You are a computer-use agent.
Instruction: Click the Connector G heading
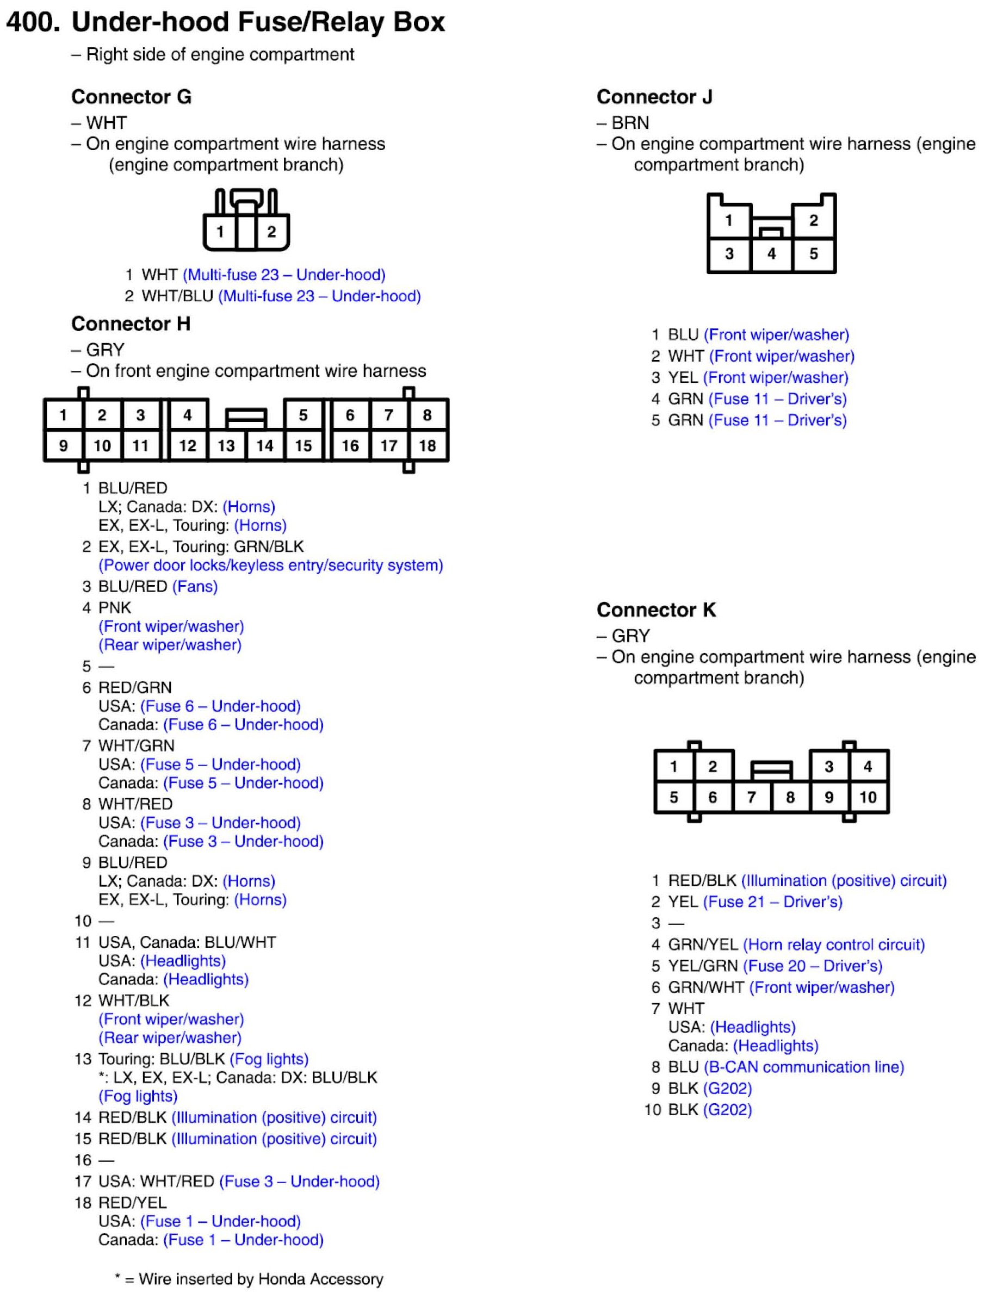131,97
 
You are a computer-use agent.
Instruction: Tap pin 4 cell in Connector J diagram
771,254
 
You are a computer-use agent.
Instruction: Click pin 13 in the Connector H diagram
226,445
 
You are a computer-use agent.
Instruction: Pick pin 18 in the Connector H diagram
428,445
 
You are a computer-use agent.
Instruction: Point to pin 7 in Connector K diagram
751,797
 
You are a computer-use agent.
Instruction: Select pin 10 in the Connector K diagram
868,797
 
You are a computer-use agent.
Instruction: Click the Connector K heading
656,610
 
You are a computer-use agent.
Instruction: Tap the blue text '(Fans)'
195,587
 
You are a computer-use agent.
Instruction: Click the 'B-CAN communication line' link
804,1067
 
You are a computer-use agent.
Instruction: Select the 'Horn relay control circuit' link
834,945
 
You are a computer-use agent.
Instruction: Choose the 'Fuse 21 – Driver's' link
773,902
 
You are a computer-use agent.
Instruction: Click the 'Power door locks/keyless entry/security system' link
271,565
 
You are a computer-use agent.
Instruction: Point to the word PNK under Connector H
115,608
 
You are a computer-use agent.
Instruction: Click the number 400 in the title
33,22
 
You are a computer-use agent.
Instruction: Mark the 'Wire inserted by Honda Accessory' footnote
249,1279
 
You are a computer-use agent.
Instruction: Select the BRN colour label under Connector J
630,123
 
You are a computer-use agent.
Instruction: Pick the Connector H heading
131,324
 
